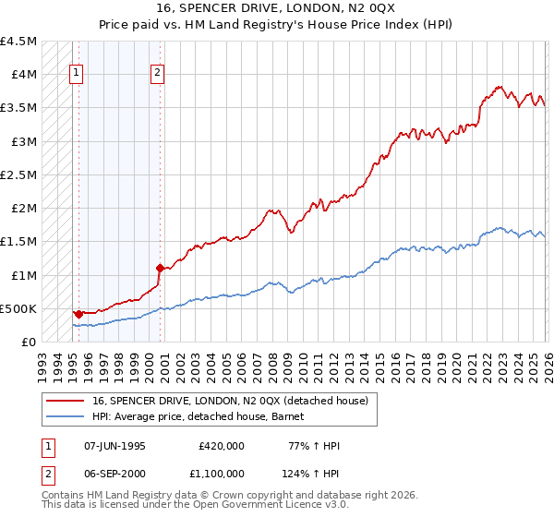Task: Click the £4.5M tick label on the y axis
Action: tap(19, 42)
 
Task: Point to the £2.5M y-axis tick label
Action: tap(19, 174)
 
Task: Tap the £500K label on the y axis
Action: tap(19, 308)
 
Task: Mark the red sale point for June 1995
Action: tap(78, 314)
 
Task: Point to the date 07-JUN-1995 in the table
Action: tap(114, 446)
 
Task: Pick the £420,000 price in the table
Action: tap(221, 446)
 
